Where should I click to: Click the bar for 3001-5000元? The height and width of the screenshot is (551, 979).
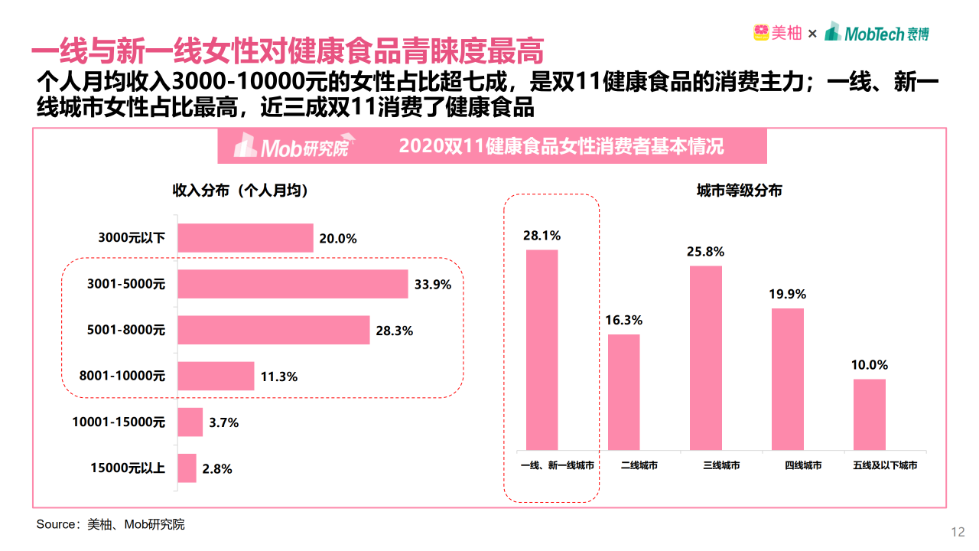click(x=292, y=284)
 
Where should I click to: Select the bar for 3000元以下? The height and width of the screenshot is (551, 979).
click(x=246, y=238)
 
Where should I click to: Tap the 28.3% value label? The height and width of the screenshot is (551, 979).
click(x=395, y=331)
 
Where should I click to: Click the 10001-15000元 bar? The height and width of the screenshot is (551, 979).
click(x=190, y=422)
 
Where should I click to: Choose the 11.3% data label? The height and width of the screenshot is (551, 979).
click(x=278, y=377)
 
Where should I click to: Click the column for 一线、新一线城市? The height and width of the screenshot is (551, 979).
click(x=542, y=350)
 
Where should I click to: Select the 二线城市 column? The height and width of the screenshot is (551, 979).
click(x=623, y=392)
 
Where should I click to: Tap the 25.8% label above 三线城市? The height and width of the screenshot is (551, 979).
click(x=705, y=251)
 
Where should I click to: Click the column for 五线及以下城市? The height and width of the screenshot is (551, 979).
click(x=869, y=414)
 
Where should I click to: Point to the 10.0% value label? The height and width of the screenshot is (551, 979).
click(x=870, y=365)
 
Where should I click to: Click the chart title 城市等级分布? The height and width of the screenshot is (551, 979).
click(x=739, y=191)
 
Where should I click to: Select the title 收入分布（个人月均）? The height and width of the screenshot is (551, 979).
click(x=240, y=191)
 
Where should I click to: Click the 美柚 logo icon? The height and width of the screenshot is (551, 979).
click(x=761, y=33)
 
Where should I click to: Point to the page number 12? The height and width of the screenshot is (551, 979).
click(x=957, y=533)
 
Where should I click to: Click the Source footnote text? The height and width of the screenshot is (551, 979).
click(x=111, y=524)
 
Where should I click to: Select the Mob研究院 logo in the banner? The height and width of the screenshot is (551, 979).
click(x=291, y=146)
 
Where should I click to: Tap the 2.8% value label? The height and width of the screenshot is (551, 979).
click(x=217, y=468)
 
